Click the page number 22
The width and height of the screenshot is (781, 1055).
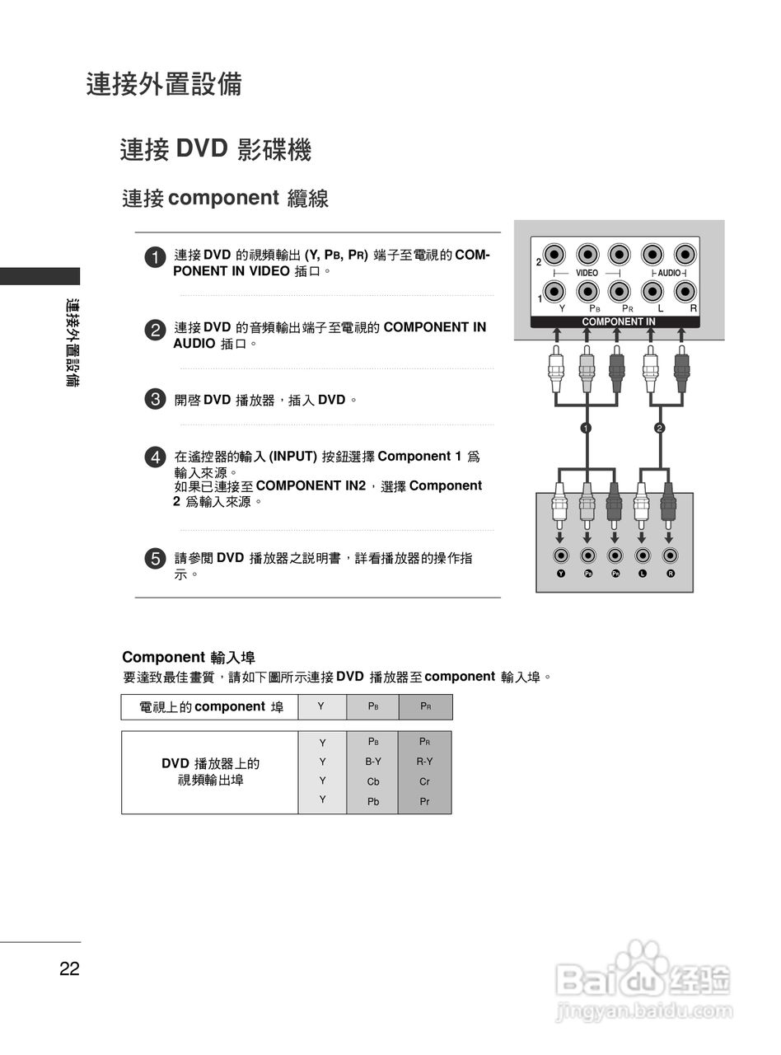click(69, 969)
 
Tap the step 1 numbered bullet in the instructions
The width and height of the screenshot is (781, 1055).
click(154, 257)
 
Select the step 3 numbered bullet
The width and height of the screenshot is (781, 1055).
click(154, 401)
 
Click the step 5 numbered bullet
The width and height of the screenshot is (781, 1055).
click(154, 559)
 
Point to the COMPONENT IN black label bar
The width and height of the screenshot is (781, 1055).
click(618, 322)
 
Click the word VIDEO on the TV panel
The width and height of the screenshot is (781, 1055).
click(587, 273)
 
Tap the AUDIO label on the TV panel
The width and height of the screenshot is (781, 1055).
click(669, 273)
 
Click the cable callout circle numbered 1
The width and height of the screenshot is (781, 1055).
click(586, 428)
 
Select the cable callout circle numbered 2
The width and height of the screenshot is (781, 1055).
click(659, 428)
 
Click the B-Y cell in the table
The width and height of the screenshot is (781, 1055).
click(373, 762)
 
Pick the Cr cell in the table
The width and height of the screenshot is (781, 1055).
click(424, 781)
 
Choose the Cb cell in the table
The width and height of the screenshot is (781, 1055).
click(373, 781)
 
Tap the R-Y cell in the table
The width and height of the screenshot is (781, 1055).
click(424, 762)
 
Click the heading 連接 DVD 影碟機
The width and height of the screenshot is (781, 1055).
click(215, 150)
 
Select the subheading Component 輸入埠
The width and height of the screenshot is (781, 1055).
click(189, 657)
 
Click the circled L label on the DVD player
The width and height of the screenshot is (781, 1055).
click(643, 574)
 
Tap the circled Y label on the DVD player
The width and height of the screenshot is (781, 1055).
click(561, 574)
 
